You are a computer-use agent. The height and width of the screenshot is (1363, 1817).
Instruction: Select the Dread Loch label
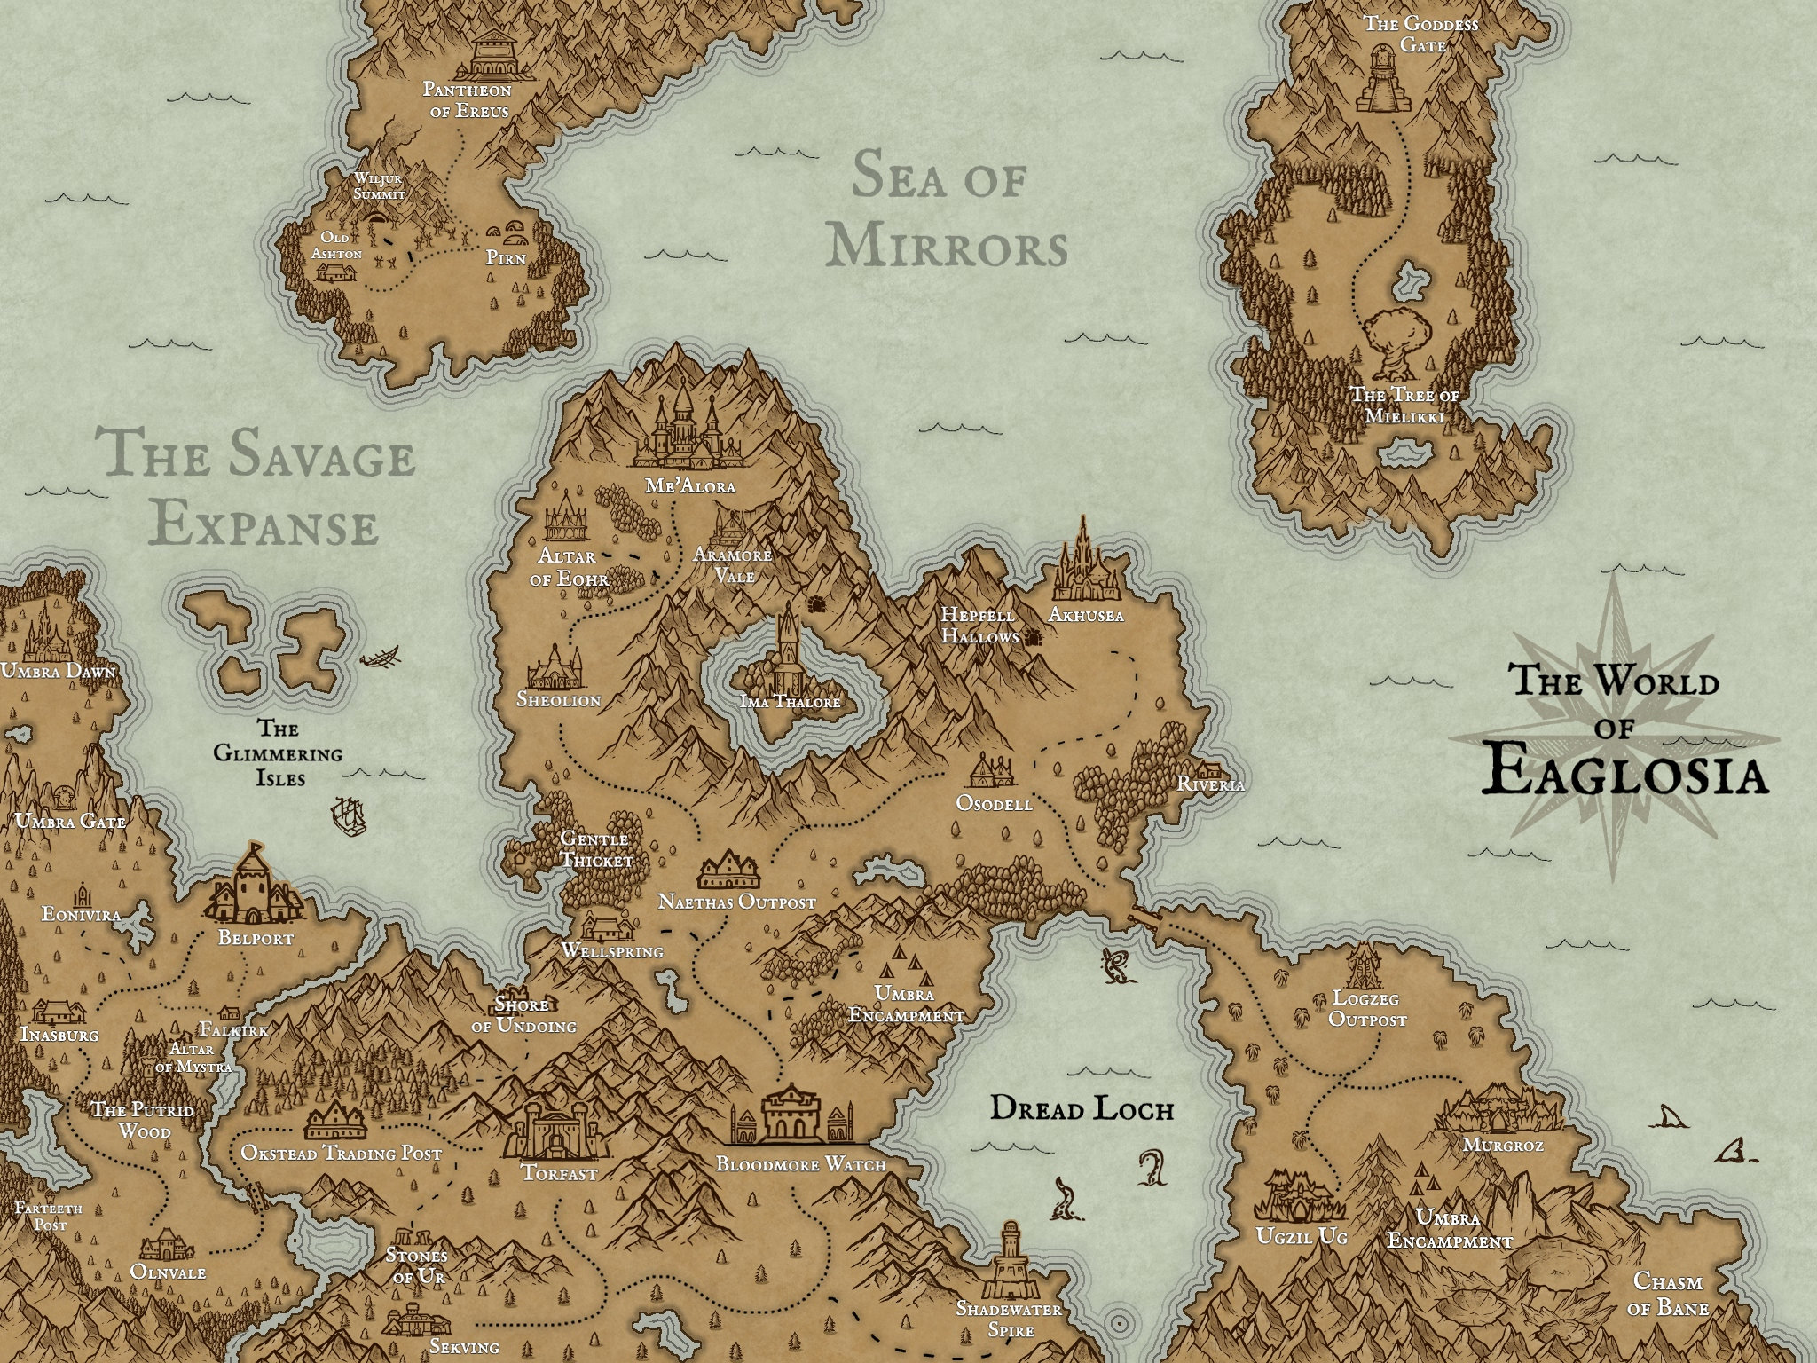(x=1082, y=1108)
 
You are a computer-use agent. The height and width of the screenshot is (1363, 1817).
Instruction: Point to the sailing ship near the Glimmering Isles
(x=349, y=814)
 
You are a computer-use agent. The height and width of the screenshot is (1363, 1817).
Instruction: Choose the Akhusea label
(x=1085, y=614)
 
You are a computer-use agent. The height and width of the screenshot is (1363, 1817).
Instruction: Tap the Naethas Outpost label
(x=736, y=902)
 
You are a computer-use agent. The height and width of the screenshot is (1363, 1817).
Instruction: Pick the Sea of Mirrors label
(x=946, y=212)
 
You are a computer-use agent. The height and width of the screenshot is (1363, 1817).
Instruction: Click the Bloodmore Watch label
(x=800, y=1164)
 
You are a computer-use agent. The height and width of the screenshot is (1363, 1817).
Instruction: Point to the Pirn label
(x=506, y=258)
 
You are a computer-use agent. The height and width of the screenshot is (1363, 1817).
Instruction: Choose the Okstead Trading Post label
(x=341, y=1154)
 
